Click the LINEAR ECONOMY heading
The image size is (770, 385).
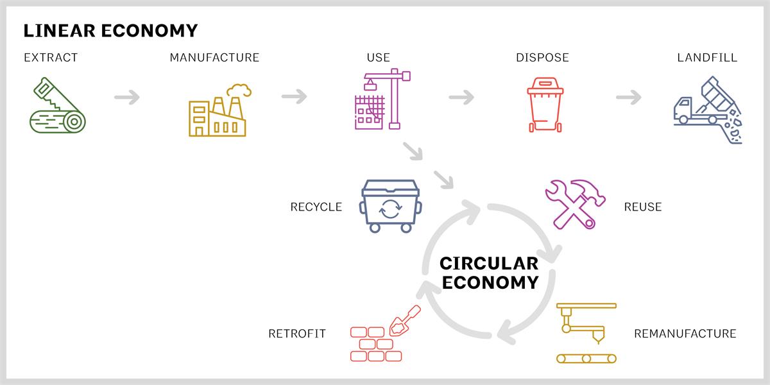[110, 31]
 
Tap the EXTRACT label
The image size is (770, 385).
[51, 57]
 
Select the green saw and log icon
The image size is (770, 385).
[57, 105]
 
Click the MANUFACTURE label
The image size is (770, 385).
[214, 57]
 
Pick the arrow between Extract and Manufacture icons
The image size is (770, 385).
[127, 98]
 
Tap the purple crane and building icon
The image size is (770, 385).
[382, 99]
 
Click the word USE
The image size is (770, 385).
[379, 57]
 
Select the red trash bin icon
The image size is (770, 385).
[545, 105]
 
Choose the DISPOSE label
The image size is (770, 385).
[542, 57]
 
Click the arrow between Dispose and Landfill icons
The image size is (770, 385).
[629, 97]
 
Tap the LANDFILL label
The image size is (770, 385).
[707, 57]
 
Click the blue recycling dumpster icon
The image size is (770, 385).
[391, 206]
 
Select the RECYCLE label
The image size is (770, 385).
[316, 207]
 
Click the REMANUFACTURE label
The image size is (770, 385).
[685, 334]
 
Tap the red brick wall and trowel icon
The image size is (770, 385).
[386, 334]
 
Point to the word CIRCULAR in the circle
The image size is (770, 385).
[489, 264]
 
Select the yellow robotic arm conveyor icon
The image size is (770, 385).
[586, 333]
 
